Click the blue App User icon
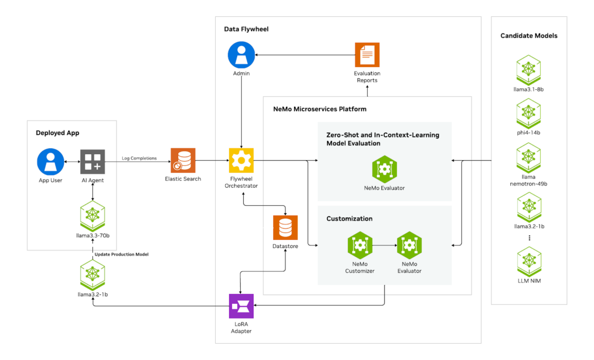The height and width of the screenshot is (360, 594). pos(50,162)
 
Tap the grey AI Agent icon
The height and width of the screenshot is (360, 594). pos(93,162)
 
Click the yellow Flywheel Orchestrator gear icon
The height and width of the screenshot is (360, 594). pos(242,161)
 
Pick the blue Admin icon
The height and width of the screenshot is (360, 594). pos(242,55)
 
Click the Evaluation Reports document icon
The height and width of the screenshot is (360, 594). pos(367,55)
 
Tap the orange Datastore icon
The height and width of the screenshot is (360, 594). pos(285,228)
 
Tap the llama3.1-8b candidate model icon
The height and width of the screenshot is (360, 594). pos(528,68)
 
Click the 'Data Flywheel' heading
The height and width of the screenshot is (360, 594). pos(246,29)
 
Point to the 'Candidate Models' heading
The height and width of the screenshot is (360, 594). pos(528,36)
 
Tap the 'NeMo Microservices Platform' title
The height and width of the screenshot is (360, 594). pos(320,109)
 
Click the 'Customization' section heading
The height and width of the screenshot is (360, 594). pos(349,219)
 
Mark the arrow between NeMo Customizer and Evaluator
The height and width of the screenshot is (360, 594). pos(384,245)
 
